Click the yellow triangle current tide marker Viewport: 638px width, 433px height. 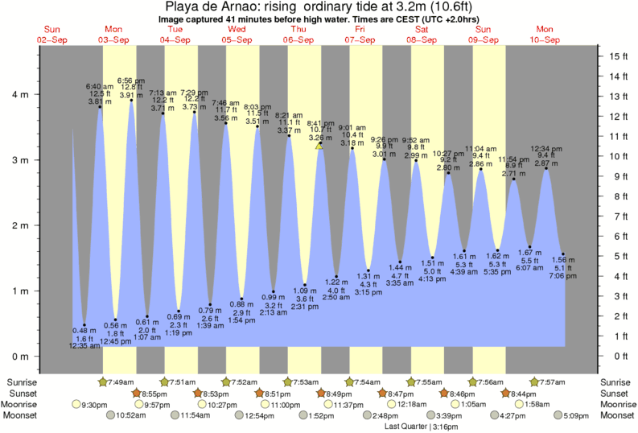point(319,146)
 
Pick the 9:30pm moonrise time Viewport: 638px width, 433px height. point(93,405)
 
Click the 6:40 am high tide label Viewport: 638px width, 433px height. point(100,85)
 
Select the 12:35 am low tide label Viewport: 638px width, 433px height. point(84,346)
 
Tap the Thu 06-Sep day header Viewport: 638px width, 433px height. point(298,34)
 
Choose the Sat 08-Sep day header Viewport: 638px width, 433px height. point(422,34)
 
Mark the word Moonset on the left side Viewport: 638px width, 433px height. point(23,416)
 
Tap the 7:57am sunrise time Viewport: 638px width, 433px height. point(552,381)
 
